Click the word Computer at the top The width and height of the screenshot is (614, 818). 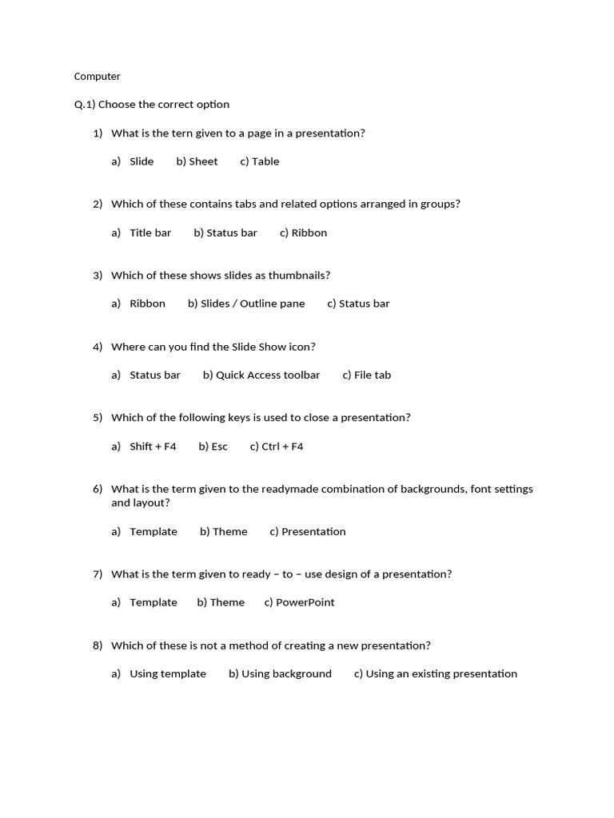point(97,77)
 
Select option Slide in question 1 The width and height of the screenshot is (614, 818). point(142,161)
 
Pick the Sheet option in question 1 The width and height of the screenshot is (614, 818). point(203,161)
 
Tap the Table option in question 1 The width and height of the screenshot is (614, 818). point(265,161)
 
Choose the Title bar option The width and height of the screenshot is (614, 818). point(150,233)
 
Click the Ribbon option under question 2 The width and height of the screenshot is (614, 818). point(309,233)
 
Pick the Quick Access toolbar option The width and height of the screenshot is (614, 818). point(268,375)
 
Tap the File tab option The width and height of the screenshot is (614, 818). point(373,375)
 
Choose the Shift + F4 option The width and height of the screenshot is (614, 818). point(153,447)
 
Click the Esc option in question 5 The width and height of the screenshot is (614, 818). point(220,447)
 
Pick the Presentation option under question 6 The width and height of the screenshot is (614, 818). point(313,532)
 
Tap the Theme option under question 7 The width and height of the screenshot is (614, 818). point(227,602)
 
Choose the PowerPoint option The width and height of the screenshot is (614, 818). point(305,602)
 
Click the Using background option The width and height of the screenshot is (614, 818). point(286,674)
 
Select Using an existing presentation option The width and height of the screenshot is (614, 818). point(441,674)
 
